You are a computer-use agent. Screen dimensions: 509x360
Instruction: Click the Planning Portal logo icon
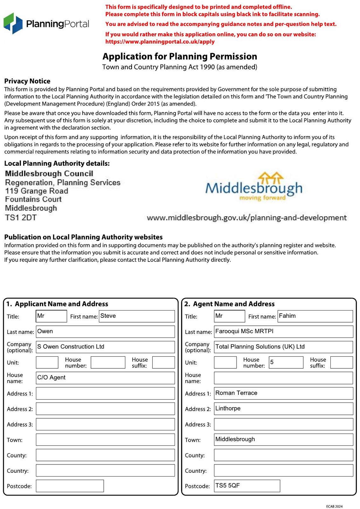[x=13, y=23]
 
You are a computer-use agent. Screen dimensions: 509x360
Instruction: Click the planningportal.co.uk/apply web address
[x=160, y=42]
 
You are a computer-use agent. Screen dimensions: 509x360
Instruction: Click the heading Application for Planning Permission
[x=180, y=56]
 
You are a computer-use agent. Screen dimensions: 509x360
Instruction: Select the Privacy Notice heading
[x=27, y=81]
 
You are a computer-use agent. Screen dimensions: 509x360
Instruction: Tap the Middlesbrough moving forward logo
[x=254, y=187]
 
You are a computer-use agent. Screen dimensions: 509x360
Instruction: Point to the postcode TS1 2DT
[x=21, y=218]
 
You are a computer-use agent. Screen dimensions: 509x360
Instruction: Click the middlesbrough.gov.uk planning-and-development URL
[x=246, y=218]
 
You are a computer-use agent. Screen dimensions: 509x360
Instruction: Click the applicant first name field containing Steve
[x=137, y=316]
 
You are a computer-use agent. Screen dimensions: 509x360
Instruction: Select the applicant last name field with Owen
[x=105, y=331]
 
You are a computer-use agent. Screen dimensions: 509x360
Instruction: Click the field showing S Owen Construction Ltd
[x=105, y=347]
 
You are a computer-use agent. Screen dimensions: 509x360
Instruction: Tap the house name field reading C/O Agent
[x=105, y=378]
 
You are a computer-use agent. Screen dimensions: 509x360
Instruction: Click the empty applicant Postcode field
[x=70, y=486]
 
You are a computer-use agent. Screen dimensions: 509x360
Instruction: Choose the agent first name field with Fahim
[x=315, y=316]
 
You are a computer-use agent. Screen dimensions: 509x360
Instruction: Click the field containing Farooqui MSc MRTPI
[x=283, y=331]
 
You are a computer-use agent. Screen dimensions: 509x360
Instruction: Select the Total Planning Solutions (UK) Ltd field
[x=283, y=347]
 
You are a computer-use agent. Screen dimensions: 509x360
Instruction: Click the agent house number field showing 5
[x=286, y=362]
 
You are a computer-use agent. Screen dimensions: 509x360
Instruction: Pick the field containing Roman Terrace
[x=283, y=393]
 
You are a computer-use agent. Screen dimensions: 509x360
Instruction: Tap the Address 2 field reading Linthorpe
[x=283, y=408]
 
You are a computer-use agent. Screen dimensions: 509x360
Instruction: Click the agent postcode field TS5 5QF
[x=247, y=486]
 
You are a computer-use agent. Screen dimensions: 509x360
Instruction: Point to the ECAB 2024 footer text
[x=334, y=506]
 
